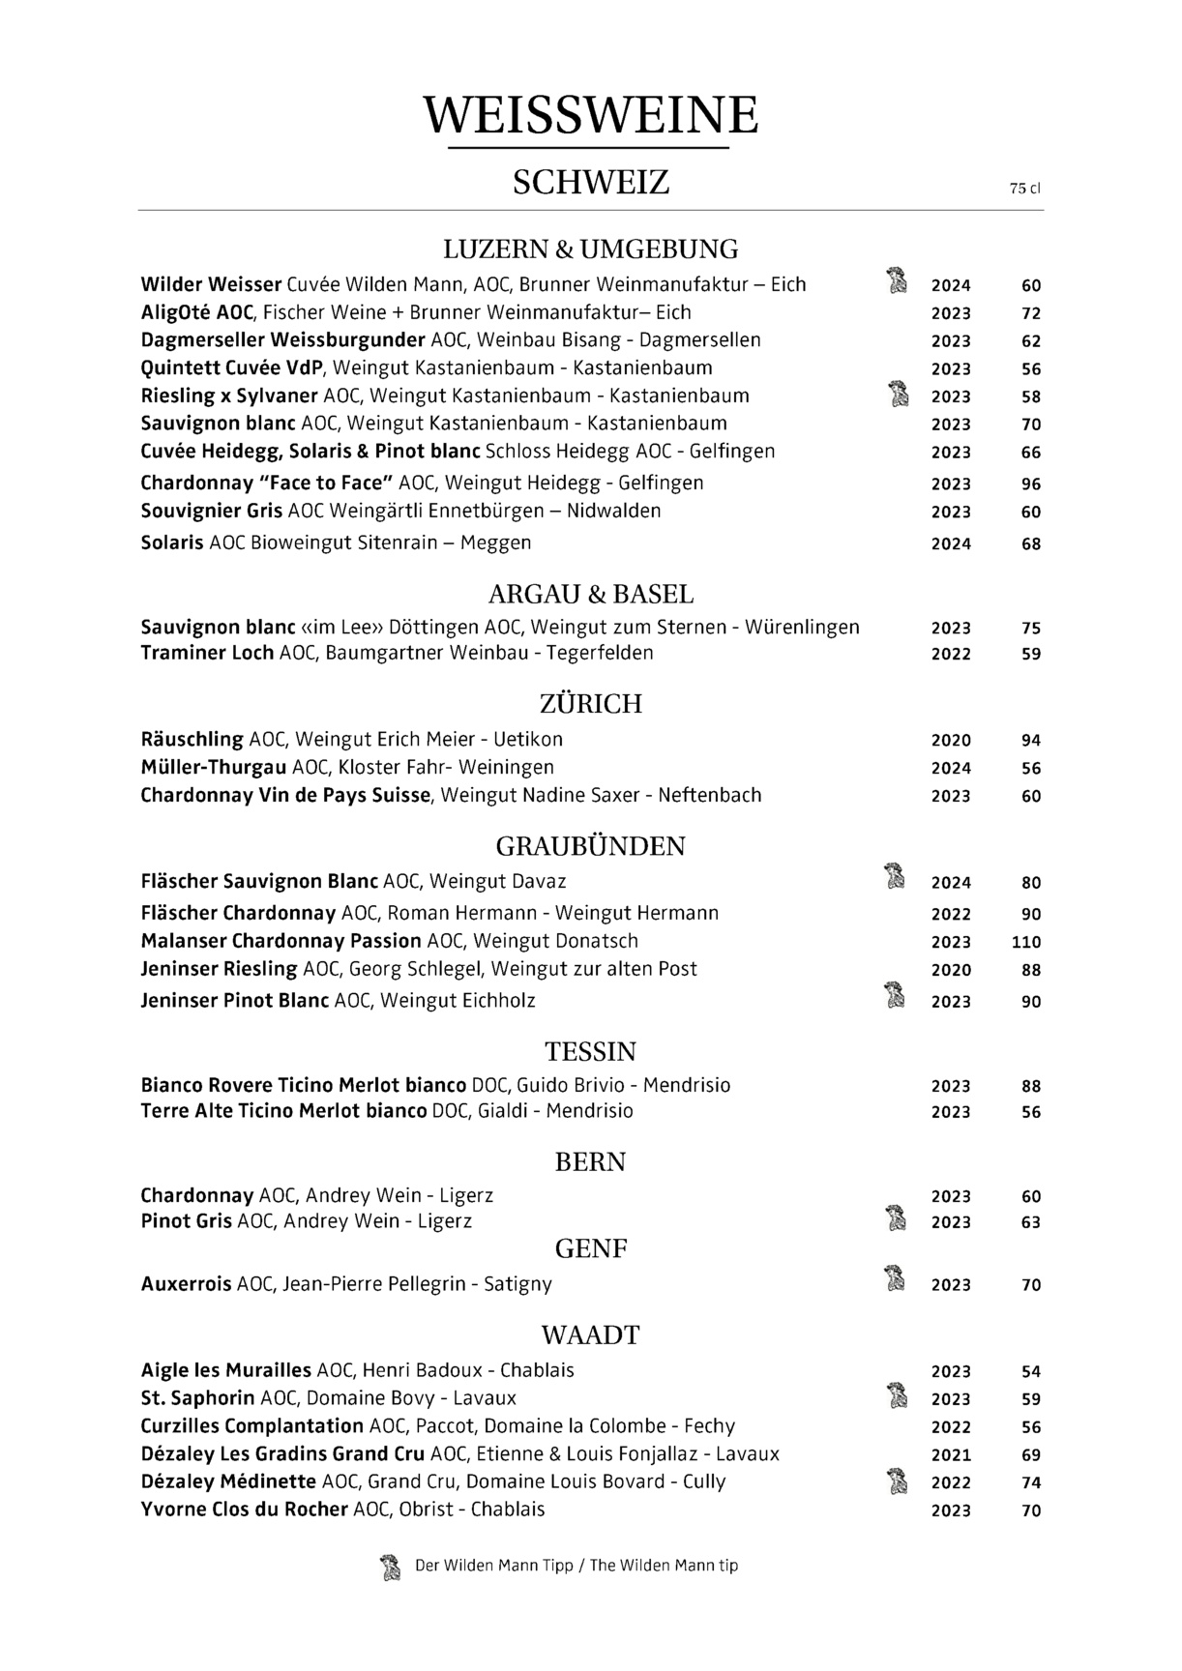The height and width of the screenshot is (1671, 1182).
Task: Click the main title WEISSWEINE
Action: pyautogui.click(x=591, y=116)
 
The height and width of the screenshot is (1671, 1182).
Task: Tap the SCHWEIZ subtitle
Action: pyautogui.click(x=591, y=182)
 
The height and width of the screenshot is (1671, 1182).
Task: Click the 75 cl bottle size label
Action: pyautogui.click(x=1024, y=190)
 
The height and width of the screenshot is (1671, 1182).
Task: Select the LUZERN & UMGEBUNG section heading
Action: pyautogui.click(x=591, y=249)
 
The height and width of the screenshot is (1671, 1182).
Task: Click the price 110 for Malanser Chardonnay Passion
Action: pyautogui.click(x=1026, y=943)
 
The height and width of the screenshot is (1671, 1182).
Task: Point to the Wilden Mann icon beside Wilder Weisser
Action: pyautogui.click(x=898, y=280)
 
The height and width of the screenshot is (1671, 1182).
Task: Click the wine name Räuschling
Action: pyautogui.click(x=192, y=740)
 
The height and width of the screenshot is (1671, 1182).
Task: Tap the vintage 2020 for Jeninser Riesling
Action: pyautogui.click(x=951, y=971)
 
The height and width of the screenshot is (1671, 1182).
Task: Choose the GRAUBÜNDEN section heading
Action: pyautogui.click(x=591, y=847)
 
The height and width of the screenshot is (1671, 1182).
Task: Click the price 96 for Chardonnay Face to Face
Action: pyautogui.click(x=1031, y=484)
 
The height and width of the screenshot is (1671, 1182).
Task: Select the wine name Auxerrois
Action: pyautogui.click(x=186, y=1285)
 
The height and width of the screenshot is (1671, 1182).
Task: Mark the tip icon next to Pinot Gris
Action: pyautogui.click(x=898, y=1219)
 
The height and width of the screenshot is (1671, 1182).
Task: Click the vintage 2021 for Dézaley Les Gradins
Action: pyautogui.click(x=951, y=1455)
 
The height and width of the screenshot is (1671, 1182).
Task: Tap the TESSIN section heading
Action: pyautogui.click(x=591, y=1052)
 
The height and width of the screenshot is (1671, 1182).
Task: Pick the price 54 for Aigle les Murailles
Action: pyautogui.click(x=1031, y=1372)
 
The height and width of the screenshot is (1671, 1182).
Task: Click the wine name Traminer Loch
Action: pyautogui.click(x=207, y=654)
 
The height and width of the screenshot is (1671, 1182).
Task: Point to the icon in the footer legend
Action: pyautogui.click(x=390, y=1567)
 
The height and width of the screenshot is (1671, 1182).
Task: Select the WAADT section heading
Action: pyautogui.click(x=591, y=1336)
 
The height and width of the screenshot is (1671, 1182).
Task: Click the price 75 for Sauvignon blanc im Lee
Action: pyautogui.click(x=1031, y=629)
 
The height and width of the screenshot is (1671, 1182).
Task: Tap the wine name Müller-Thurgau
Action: pyautogui.click(x=213, y=768)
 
